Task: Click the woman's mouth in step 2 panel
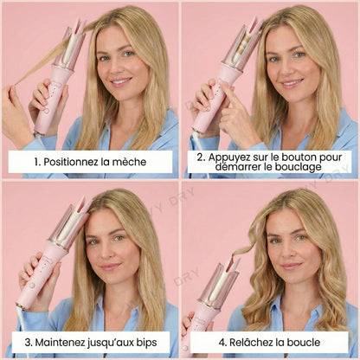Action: [292, 83]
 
